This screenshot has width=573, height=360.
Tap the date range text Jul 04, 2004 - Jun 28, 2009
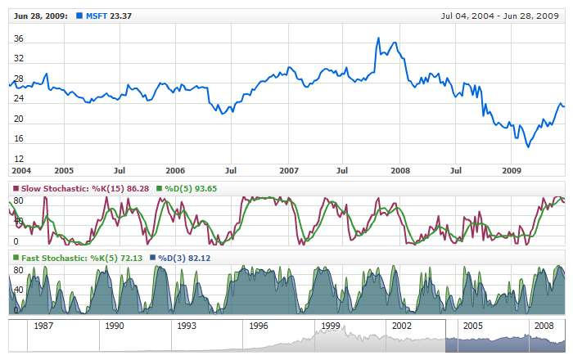click(499, 16)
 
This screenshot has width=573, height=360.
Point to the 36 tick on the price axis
click(19, 38)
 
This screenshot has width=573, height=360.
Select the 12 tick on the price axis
click(19, 158)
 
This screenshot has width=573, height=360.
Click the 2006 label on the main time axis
click(175, 170)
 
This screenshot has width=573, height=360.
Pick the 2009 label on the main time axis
click(512, 170)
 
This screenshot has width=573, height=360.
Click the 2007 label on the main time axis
click(288, 170)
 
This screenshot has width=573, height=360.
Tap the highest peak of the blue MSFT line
click(377, 38)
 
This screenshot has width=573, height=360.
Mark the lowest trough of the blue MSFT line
click(528, 146)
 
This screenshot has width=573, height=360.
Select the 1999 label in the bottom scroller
click(330, 326)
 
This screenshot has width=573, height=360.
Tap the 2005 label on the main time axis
click(64, 170)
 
